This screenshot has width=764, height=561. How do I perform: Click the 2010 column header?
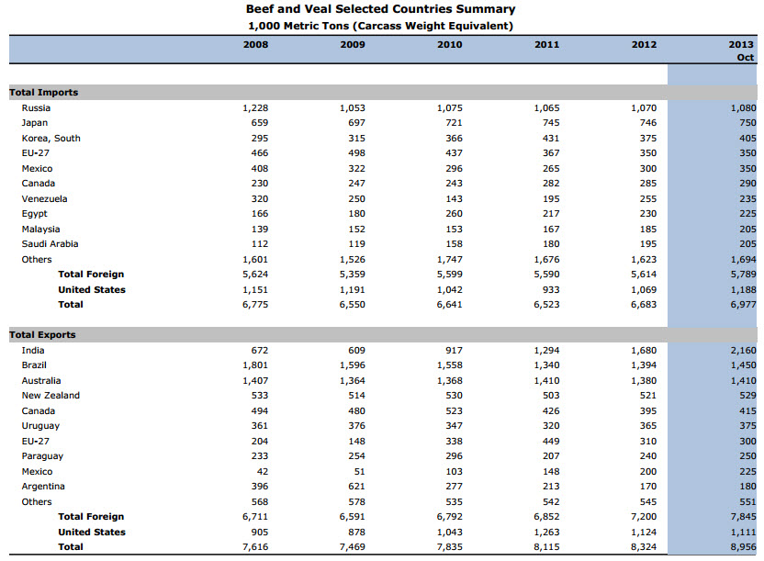point(449,45)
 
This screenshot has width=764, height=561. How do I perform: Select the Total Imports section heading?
point(43,93)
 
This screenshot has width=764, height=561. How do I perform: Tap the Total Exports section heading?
point(42,335)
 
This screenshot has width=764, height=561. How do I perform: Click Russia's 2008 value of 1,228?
point(255,108)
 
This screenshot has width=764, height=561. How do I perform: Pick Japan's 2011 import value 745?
point(551,123)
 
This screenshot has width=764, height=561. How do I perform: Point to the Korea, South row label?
point(51,139)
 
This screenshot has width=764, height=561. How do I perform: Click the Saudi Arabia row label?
point(50,244)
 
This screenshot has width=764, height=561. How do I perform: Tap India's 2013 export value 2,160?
point(743,351)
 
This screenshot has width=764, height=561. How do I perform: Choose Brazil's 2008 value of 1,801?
point(255,365)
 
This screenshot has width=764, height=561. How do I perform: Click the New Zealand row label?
point(51,396)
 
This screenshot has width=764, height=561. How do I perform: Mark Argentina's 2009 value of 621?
point(356,487)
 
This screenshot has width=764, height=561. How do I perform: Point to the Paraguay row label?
point(42,456)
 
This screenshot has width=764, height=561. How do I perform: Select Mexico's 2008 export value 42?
point(262,471)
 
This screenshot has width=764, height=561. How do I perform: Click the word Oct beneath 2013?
point(745,58)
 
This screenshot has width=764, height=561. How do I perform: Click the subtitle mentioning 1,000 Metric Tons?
point(380,26)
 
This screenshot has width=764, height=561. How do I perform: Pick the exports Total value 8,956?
point(743,547)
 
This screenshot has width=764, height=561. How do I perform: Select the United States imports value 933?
point(551,290)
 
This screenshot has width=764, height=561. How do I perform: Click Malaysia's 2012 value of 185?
point(648,229)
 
